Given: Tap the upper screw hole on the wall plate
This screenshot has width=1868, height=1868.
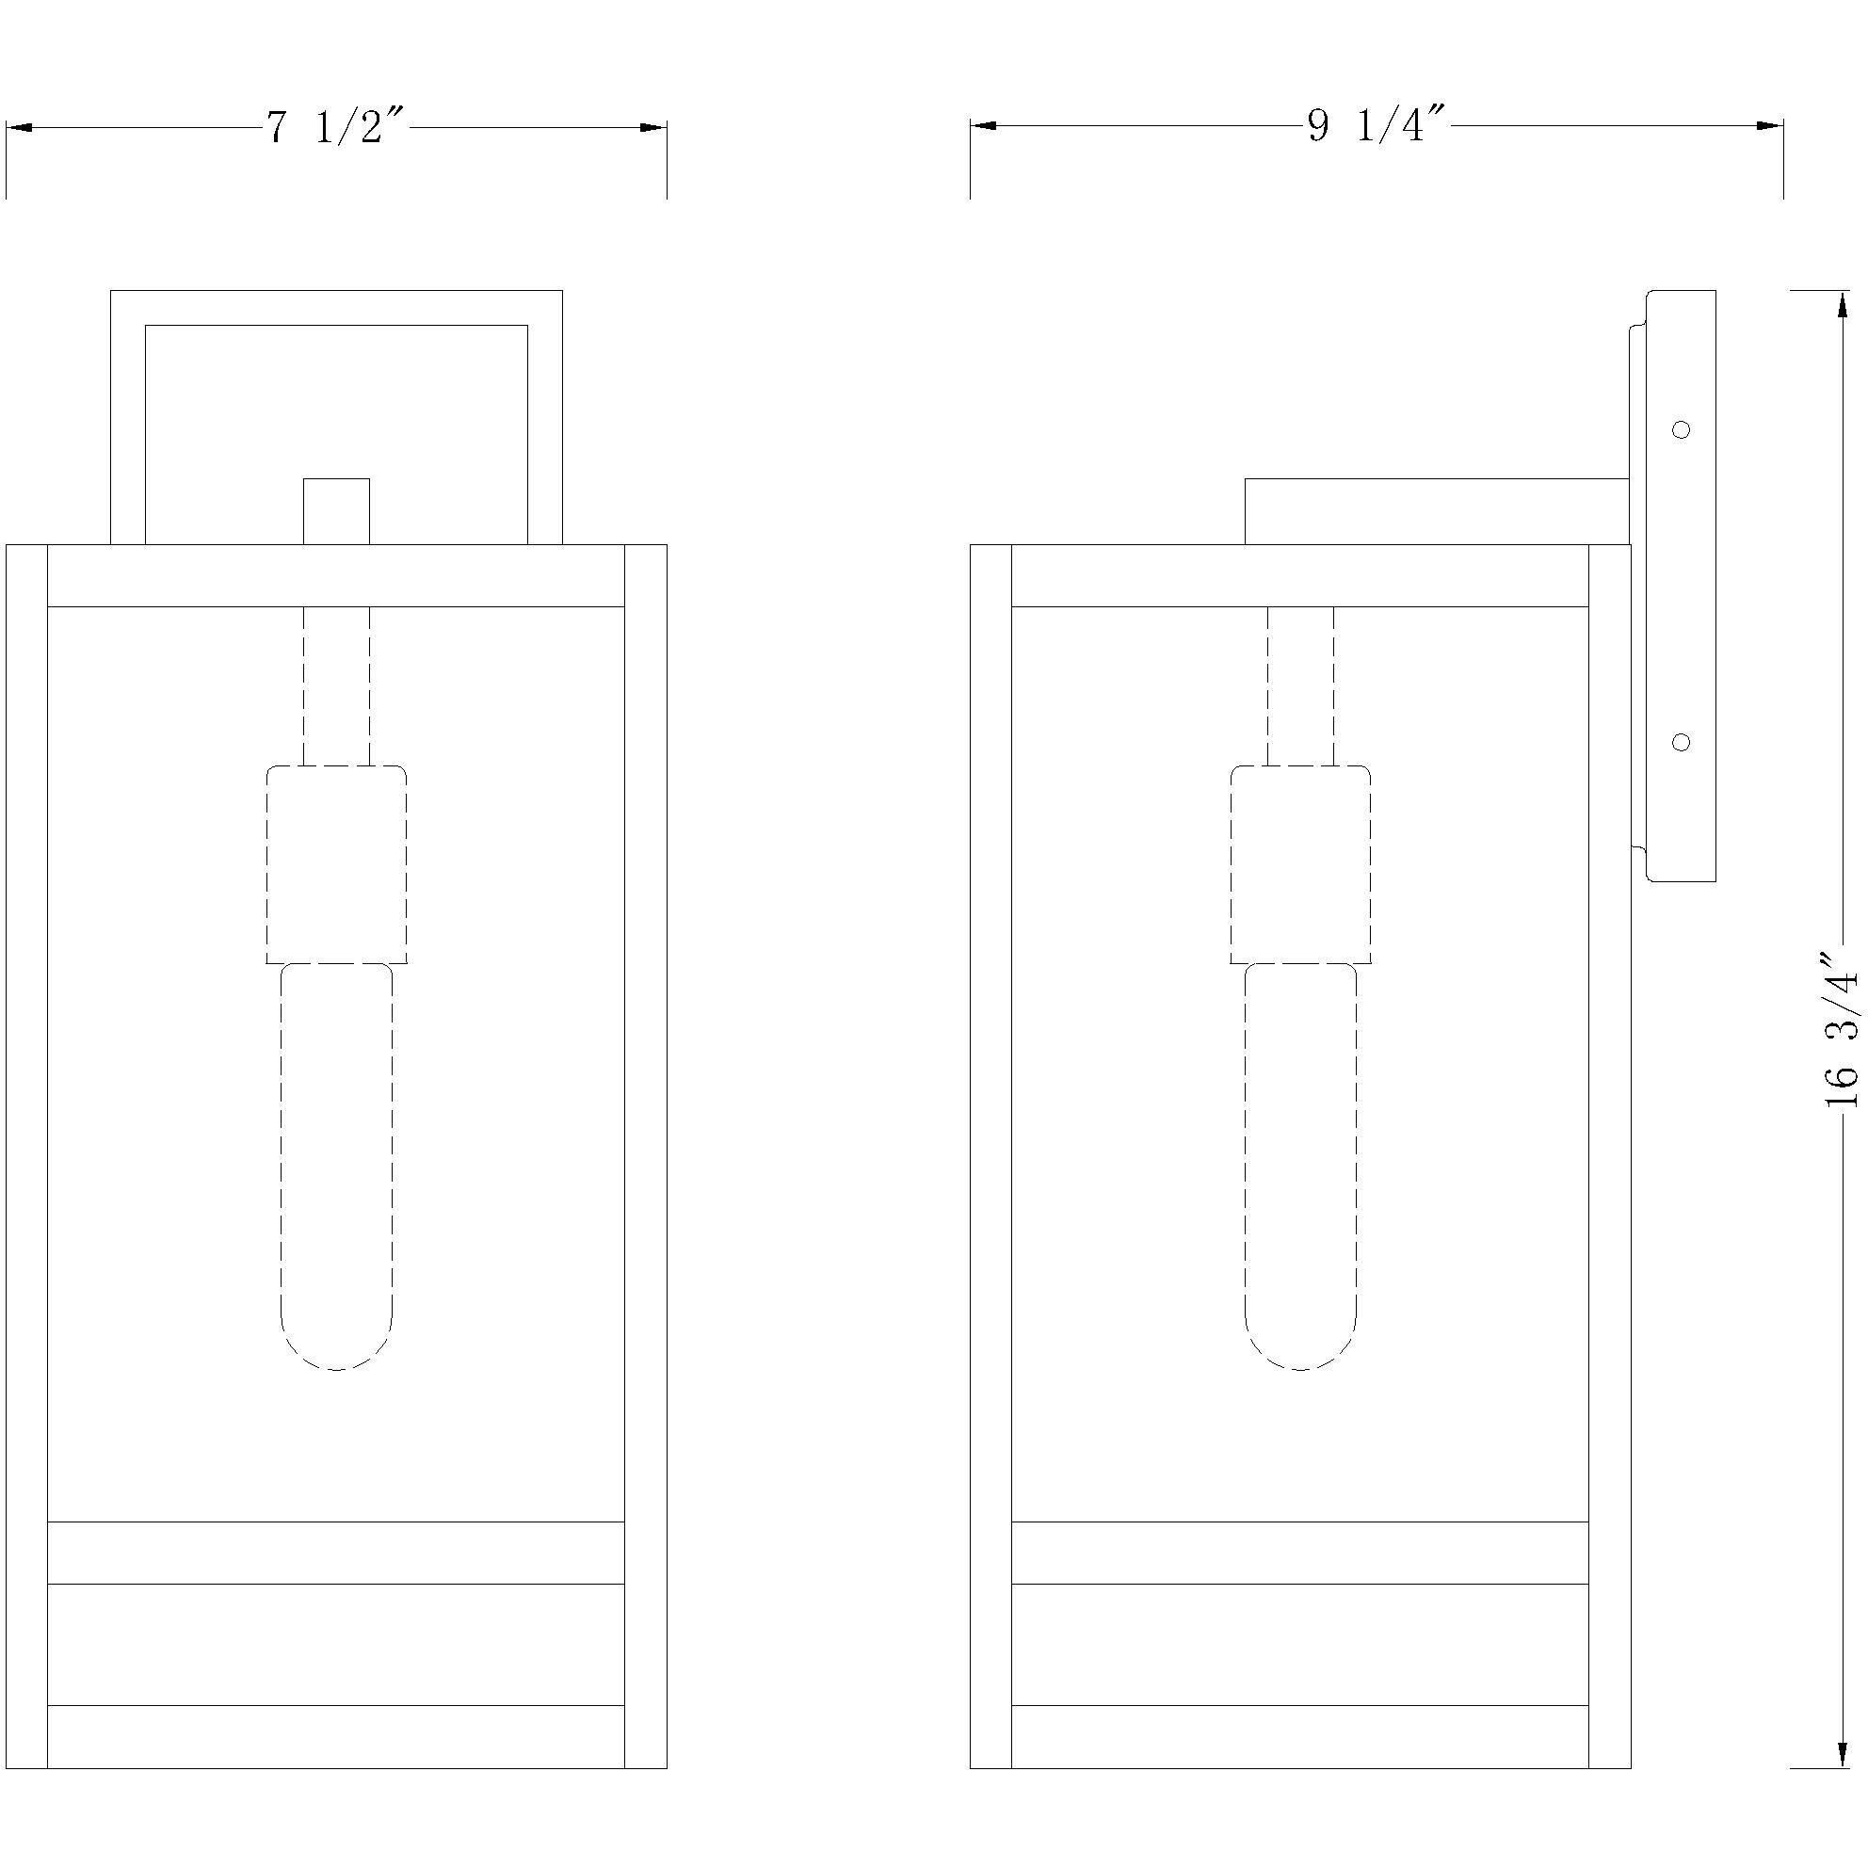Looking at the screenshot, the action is [1682, 429].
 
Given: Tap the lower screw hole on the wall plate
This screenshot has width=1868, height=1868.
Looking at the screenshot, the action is [1682, 742].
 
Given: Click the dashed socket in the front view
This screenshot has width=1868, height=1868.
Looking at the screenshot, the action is [336, 864].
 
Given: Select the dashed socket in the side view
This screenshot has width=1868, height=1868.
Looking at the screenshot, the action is [1300, 864].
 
